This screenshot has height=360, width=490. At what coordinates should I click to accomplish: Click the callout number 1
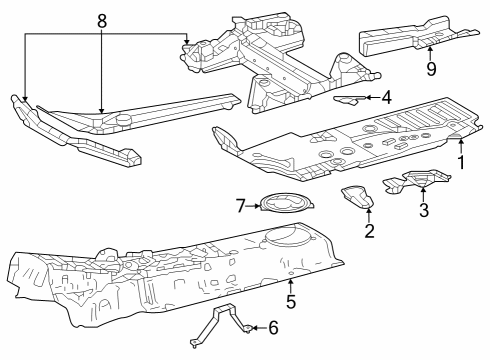click(461, 161)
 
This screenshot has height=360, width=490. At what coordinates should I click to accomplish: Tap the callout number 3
click(423, 210)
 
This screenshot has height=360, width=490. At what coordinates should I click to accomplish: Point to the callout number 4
click(386, 97)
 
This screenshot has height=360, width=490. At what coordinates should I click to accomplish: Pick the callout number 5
click(291, 299)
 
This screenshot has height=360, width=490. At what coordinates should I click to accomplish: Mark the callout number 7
click(240, 207)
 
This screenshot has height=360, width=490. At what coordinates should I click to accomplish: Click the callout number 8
click(101, 20)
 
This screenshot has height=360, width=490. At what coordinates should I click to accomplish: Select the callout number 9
click(430, 70)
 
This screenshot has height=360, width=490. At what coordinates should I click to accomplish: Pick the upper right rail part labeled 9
click(410, 38)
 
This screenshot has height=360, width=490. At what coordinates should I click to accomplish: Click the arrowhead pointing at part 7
click(259, 207)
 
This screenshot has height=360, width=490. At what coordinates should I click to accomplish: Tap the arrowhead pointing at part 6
click(251, 326)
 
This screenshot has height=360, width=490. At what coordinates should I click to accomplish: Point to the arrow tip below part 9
click(430, 48)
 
